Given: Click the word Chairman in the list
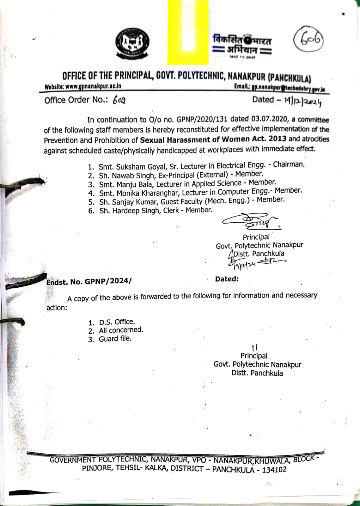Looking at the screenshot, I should coord(289,164).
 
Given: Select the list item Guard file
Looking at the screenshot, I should coord(115,339).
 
